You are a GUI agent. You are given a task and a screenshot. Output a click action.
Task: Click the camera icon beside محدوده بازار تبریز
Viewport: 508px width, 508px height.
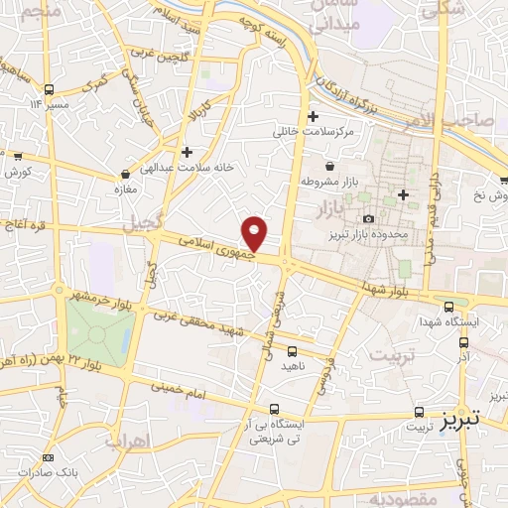pyautogui.click(x=369, y=218)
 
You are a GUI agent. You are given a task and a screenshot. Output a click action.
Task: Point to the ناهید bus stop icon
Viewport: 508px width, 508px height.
pyautogui.click(x=292, y=350)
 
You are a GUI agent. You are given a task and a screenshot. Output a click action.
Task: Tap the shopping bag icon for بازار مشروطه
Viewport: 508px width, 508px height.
pyautogui.click(x=328, y=166)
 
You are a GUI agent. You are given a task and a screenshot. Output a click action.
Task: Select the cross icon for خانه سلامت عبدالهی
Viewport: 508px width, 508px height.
pyautogui.click(x=187, y=152)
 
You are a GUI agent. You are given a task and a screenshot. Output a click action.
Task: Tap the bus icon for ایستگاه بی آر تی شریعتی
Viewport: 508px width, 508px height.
pyautogui.click(x=274, y=409)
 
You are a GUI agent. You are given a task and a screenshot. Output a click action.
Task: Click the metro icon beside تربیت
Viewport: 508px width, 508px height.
pyautogui.click(x=418, y=411)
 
